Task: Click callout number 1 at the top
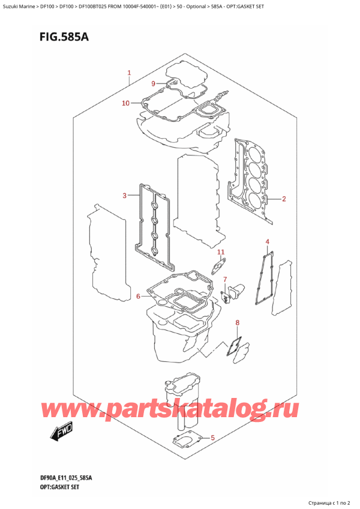[x=130, y=73]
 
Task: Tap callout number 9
[x=153, y=83]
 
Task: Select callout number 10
[x=125, y=103]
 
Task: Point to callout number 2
[x=284, y=199]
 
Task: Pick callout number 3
[x=124, y=195]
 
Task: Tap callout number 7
[x=226, y=280]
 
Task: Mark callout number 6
[x=138, y=296]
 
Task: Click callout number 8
[x=238, y=324]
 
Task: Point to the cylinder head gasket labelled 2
[x=253, y=180]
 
